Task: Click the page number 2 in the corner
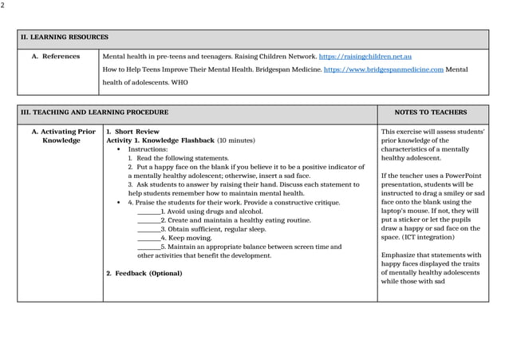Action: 2,6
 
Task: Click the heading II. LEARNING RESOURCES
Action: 65,38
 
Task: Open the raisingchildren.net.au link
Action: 365,57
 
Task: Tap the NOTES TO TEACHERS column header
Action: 431,113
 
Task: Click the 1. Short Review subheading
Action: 132,131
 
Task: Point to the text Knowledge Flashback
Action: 180,140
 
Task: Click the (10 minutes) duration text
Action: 235,140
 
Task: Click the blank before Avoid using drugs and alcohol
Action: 148,212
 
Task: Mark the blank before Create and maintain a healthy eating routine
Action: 148,220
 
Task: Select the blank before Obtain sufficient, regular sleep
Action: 148,229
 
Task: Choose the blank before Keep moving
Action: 148,238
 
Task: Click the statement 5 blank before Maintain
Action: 148,247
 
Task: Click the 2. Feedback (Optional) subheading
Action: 144,274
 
